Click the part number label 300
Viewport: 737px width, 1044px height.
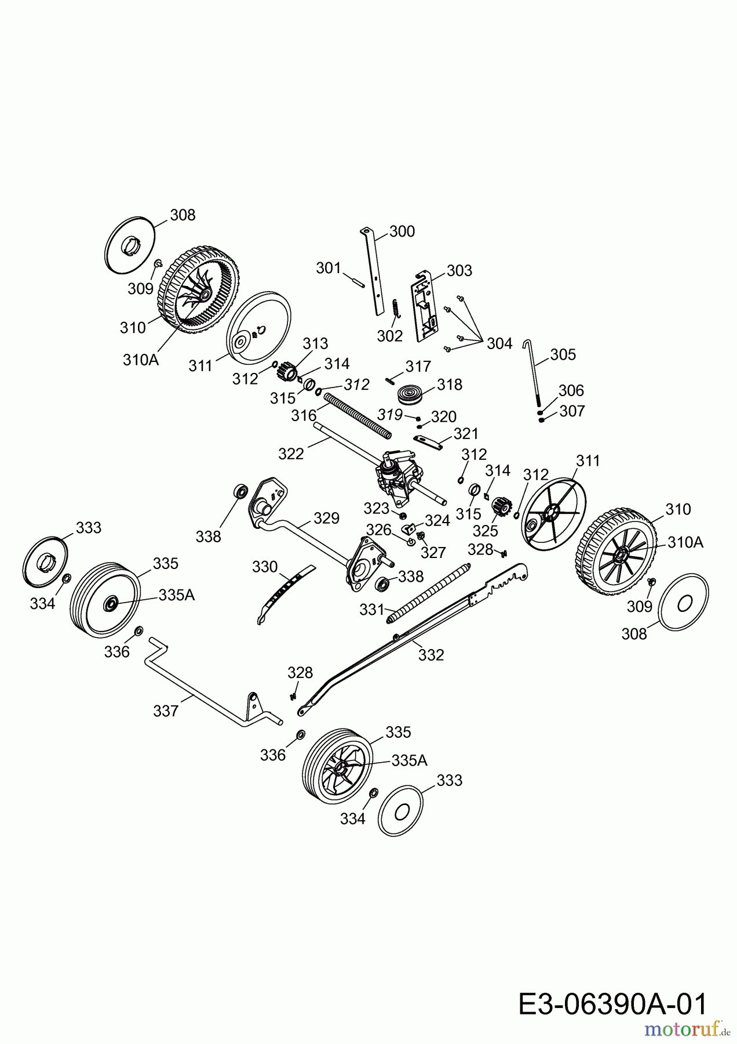[x=402, y=231]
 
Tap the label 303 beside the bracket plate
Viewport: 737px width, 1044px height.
[x=459, y=270]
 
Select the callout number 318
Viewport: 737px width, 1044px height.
[x=450, y=385]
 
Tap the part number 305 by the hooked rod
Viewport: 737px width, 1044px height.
[x=563, y=354]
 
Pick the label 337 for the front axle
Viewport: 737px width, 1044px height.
[x=166, y=710]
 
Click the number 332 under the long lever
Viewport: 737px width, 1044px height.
[x=430, y=655]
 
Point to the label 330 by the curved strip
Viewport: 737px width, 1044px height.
[x=265, y=567]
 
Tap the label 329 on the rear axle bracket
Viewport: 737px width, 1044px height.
[x=326, y=518]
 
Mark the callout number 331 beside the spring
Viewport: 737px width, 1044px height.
[x=372, y=609]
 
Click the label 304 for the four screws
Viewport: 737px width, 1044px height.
[x=499, y=343]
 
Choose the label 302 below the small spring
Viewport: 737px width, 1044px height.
[x=389, y=336]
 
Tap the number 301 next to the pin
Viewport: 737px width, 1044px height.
[x=329, y=268]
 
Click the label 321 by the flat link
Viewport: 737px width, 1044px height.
[x=466, y=434]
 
